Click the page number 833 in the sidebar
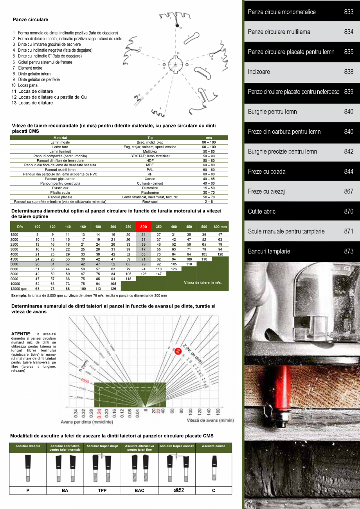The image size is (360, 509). pyautogui.click(x=349, y=12)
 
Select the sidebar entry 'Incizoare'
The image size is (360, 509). pyautogui.click(x=259, y=72)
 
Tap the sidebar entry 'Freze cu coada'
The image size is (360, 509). pyautogui.click(x=267, y=172)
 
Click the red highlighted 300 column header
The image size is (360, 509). pyautogui.click(x=144, y=227)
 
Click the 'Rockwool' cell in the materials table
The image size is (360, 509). pyautogui.click(x=150, y=202)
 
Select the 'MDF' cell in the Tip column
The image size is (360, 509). pyautogui.click(x=150, y=165)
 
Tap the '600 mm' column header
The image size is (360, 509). pyautogui.click(x=220, y=227)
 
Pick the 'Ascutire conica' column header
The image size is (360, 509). pyautogui.click(x=213, y=446)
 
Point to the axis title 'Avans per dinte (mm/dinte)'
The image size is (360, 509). pyautogui.click(x=87, y=422)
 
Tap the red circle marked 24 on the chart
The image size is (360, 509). pyautogui.click(x=177, y=351)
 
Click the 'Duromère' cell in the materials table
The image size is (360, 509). pyautogui.click(x=150, y=188)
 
